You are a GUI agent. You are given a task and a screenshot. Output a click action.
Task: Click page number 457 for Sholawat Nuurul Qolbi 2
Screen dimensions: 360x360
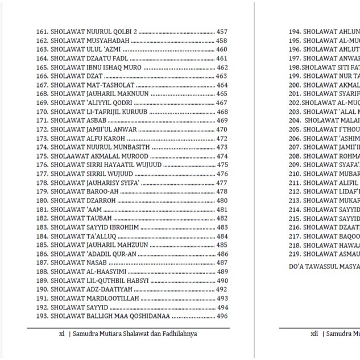(222, 32)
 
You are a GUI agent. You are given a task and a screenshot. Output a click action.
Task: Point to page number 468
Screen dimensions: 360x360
(222, 112)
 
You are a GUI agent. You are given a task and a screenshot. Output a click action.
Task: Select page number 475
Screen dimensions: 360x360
(222, 165)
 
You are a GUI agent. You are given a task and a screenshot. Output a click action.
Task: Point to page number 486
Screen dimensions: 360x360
(222, 254)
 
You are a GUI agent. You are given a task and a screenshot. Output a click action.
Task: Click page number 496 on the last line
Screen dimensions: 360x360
(222, 316)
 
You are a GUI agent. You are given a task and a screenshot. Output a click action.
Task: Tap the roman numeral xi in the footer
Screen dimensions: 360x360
(61, 334)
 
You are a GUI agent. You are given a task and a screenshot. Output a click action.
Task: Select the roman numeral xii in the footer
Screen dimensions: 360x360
(314, 334)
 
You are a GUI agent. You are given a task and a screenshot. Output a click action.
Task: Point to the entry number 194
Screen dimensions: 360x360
(294, 32)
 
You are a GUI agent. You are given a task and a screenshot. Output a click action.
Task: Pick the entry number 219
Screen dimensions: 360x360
(294, 254)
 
